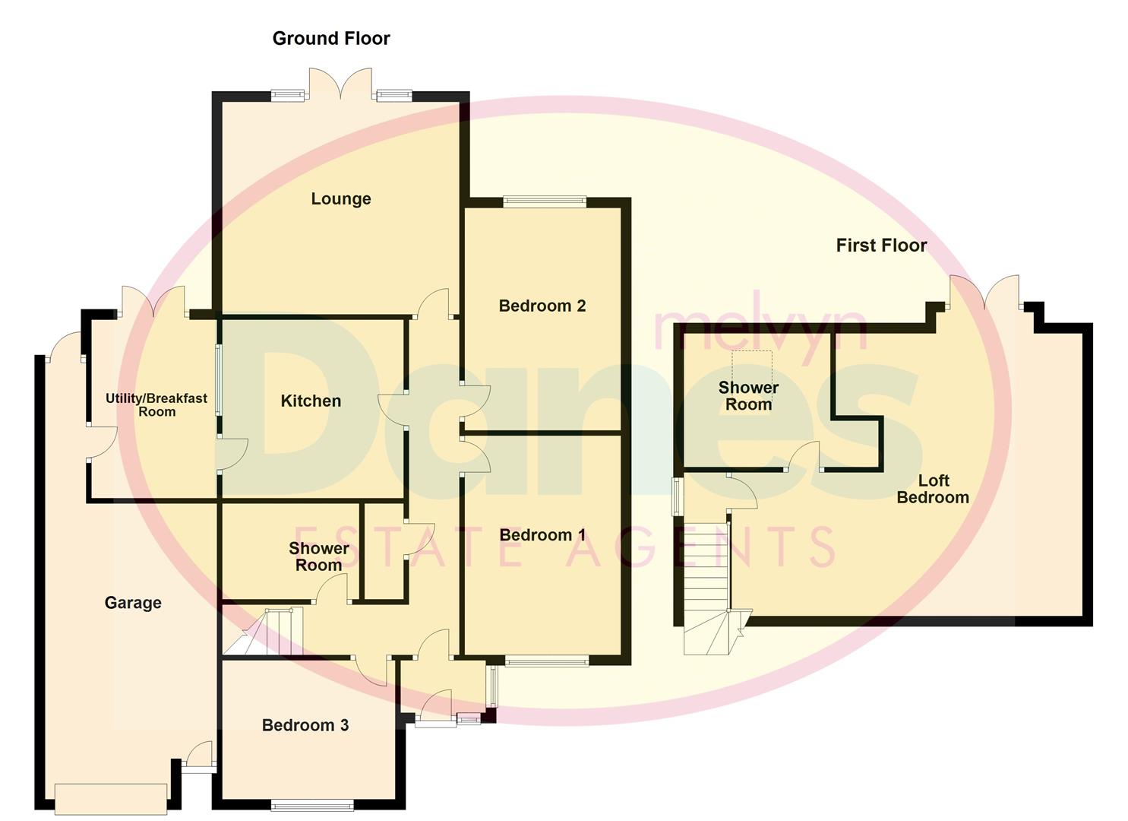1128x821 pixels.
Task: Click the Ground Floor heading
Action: (331, 39)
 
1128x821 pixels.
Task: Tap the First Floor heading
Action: (881, 246)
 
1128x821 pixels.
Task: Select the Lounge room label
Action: (341, 199)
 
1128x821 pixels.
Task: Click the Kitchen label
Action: (311, 401)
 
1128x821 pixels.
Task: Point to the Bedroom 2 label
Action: (542, 306)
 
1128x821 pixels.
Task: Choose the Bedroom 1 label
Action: (542, 535)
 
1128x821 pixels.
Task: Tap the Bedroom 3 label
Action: (305, 725)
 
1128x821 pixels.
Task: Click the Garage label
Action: (133, 603)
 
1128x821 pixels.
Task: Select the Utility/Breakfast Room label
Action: (156, 404)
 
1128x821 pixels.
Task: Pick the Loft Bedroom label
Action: (933, 489)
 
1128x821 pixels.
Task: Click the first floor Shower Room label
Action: (748, 395)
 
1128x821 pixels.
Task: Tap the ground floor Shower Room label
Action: (318, 556)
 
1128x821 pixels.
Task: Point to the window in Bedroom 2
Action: (545, 202)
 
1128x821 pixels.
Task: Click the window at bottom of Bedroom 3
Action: (312, 804)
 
